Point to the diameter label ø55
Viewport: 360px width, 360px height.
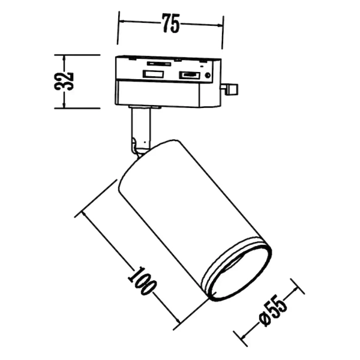(x=272, y=311)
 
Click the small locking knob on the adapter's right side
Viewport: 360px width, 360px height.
(x=231, y=89)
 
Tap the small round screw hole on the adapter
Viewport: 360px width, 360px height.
(x=207, y=76)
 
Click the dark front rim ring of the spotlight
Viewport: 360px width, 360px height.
(x=238, y=271)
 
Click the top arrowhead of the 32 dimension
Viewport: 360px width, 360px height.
(x=65, y=58)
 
